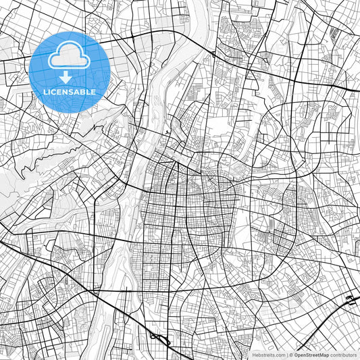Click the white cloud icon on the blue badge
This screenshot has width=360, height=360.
click(x=70, y=57)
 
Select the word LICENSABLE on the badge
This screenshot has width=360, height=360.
click(x=70, y=92)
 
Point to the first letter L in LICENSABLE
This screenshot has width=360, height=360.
click(x=45, y=92)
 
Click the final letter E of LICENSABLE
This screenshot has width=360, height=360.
click(x=94, y=92)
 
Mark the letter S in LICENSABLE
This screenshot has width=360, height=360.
click(x=72, y=92)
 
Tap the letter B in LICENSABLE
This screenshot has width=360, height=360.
click(x=83, y=92)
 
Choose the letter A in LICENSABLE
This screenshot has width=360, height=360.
click(x=77, y=92)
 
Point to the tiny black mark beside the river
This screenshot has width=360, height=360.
click(x=166, y=132)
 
